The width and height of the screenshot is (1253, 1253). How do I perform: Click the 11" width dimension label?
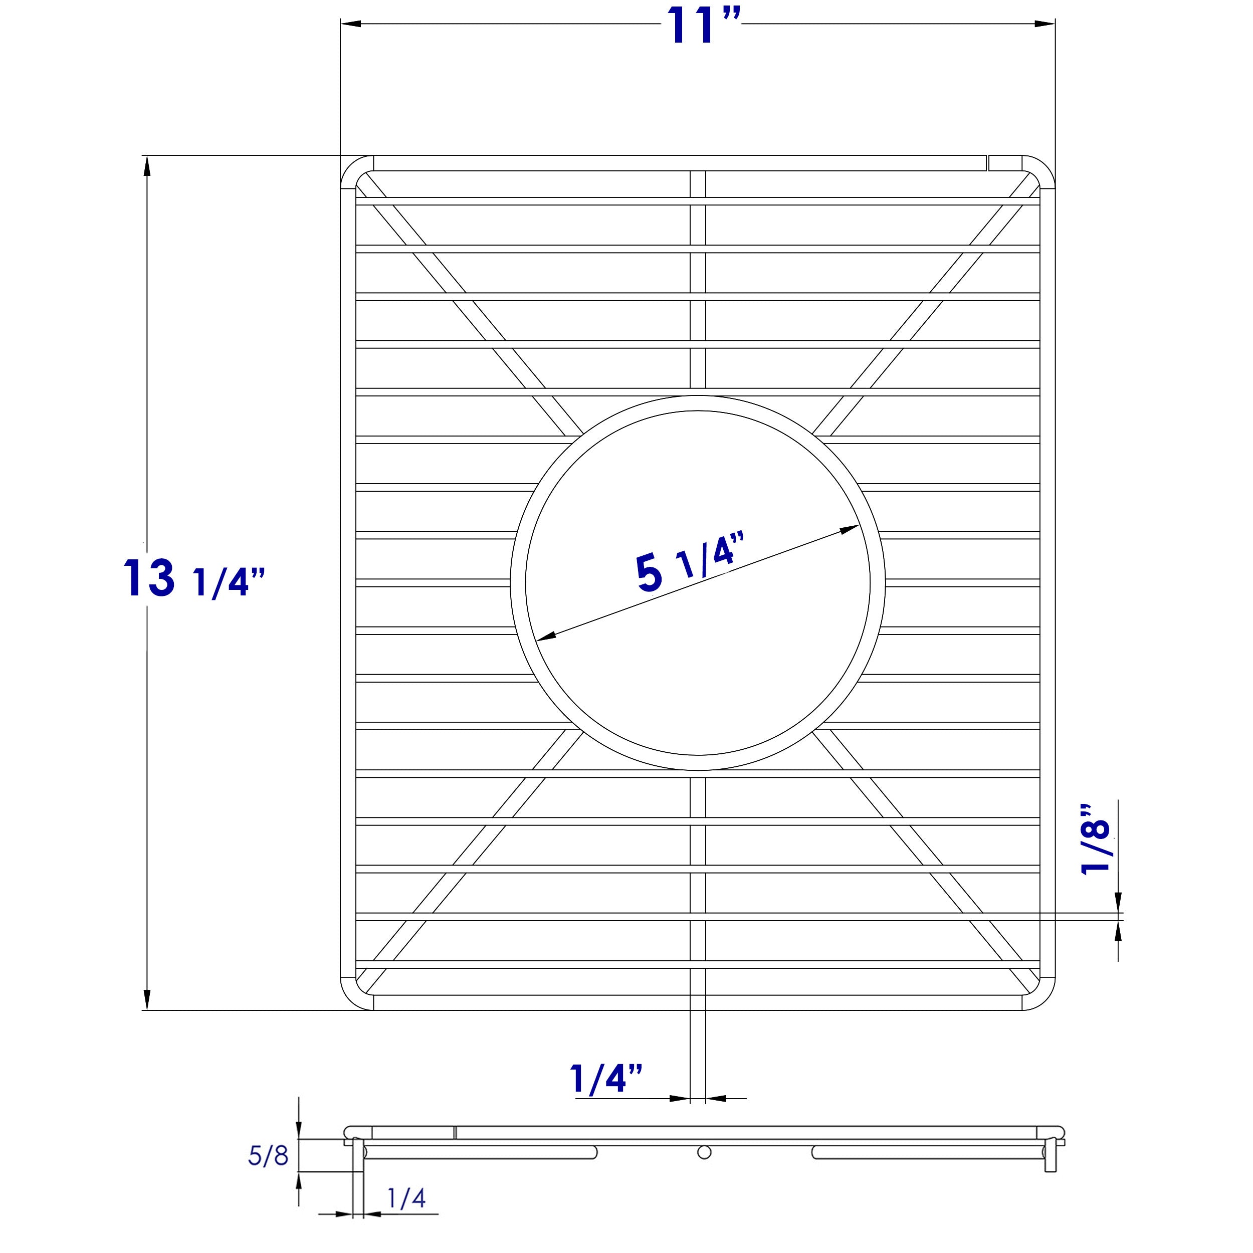pos(703,27)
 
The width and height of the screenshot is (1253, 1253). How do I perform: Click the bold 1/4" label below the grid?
pos(606,1079)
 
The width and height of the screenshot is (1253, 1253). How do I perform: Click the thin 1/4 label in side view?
pos(406,1198)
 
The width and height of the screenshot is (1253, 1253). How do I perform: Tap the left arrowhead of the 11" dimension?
pos(351,24)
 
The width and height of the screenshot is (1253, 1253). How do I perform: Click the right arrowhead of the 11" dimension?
pos(1045,24)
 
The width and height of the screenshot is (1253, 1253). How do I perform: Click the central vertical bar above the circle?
pos(698,279)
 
